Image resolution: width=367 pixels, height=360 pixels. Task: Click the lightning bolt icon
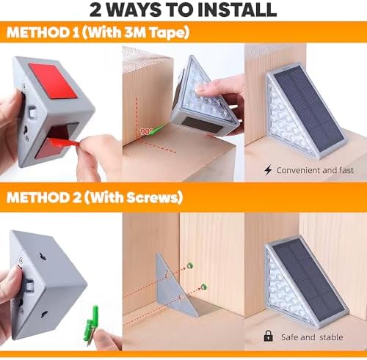pyautogui.click(x=268, y=170)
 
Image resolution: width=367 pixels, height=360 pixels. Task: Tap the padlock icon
pyautogui.click(x=269, y=336)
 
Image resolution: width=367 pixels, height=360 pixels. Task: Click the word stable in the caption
pyautogui.click(x=331, y=337)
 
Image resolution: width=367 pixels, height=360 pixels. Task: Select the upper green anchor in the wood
pyautogui.click(x=190, y=265)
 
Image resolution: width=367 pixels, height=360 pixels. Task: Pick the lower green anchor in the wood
pyautogui.click(x=203, y=286)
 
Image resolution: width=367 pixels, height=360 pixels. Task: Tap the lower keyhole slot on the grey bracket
pyautogui.click(x=45, y=314)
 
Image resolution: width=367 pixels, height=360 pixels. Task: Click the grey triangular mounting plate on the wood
pyautogui.click(x=175, y=284)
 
